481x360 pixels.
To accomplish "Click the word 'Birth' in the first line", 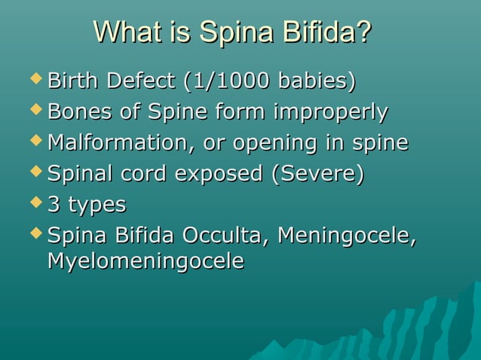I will tap(73, 81).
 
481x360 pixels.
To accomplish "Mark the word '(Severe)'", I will tap(317, 174).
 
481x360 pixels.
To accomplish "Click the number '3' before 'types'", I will tap(54, 205).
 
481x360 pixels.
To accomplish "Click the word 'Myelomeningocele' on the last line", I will tap(146, 262).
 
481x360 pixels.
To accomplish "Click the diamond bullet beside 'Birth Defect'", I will tap(35, 78).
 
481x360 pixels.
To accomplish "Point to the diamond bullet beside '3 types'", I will tap(35, 203).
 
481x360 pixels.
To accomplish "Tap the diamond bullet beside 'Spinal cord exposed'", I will tap(35, 172).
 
